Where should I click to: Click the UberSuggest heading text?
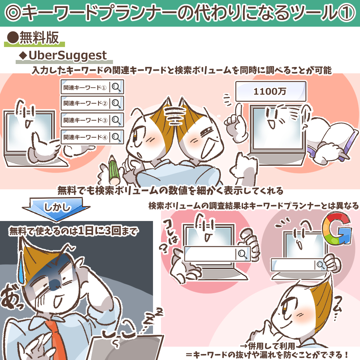pyautogui.click(x=68, y=55)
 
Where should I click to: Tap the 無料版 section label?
pyautogui.click(x=39, y=37)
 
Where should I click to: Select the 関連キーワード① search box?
pyautogui.click(x=92, y=87)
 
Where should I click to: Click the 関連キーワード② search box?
pyautogui.click(x=92, y=103)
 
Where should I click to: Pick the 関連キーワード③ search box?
pyautogui.click(x=92, y=120)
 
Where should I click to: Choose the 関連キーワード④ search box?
pyautogui.click(x=92, y=137)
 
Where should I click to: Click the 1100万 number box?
pyautogui.click(x=271, y=91)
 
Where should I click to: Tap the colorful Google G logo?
pyautogui.click(x=337, y=228)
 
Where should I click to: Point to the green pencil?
pyautogui.click(x=114, y=170)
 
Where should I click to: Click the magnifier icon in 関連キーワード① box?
pyautogui.click(x=116, y=87)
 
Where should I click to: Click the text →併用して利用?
pyautogui.click(x=268, y=346)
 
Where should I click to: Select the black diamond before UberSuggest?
pyautogui.click(x=23, y=56)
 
